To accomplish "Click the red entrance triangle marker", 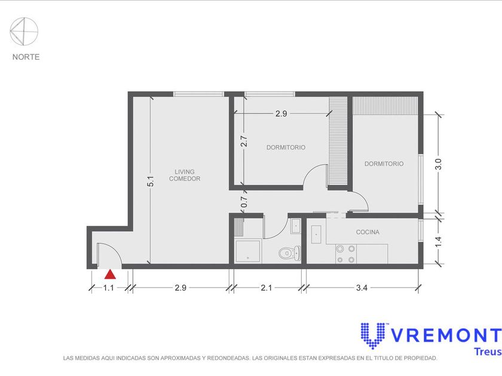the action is coord(110,275).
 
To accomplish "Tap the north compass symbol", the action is coord(24,31).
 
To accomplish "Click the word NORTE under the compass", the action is coord(26,57).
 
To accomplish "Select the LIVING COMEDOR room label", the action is coord(185,175).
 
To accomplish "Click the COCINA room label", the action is coord(368,232).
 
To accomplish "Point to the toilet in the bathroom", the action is coord(290,253).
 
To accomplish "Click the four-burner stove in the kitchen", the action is coord(346,254).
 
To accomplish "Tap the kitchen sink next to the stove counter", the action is coord(316,235).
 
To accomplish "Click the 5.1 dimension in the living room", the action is coord(151,181).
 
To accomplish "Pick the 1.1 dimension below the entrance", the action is coord(109,288).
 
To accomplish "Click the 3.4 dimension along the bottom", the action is coord(362,288).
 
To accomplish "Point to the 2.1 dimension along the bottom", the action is coord(266,288).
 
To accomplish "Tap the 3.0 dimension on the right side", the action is coord(438,164).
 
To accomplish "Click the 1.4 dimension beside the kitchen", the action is coord(438,241).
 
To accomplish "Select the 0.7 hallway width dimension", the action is coord(244,202).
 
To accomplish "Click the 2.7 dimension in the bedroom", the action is coord(244,141).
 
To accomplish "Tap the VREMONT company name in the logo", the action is coord(446,335).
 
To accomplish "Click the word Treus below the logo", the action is coord(488,352).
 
